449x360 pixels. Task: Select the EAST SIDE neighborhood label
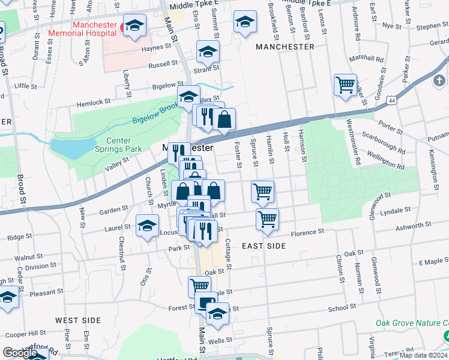pos(264,246)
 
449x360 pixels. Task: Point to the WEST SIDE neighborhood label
pos(78,320)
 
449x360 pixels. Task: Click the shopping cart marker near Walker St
pos(345,85)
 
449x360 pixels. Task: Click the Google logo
pos(20,353)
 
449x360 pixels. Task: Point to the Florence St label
pos(308,232)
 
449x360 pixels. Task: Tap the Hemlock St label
pos(94,103)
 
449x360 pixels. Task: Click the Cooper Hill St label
pos(25,333)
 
